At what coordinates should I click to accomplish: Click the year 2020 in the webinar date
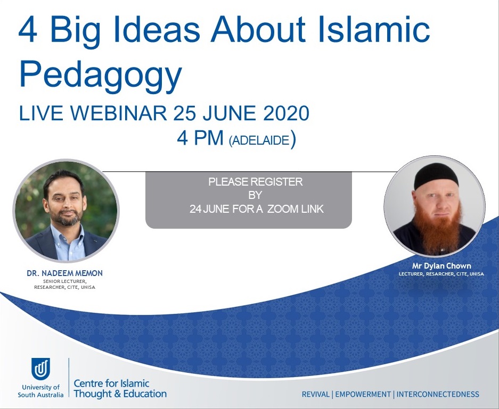(286, 113)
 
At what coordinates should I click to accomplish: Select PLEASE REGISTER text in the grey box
(255, 182)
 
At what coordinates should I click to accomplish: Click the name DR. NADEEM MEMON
(64, 273)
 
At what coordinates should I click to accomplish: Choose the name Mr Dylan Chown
(441, 266)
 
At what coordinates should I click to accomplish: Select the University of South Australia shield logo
(40, 369)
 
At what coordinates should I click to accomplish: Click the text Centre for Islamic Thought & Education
(120, 389)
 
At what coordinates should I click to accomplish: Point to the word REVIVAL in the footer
(316, 395)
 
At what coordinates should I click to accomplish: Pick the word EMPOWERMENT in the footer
(363, 395)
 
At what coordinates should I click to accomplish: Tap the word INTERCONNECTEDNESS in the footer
(438, 395)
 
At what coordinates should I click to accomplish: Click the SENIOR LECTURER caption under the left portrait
(64, 281)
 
